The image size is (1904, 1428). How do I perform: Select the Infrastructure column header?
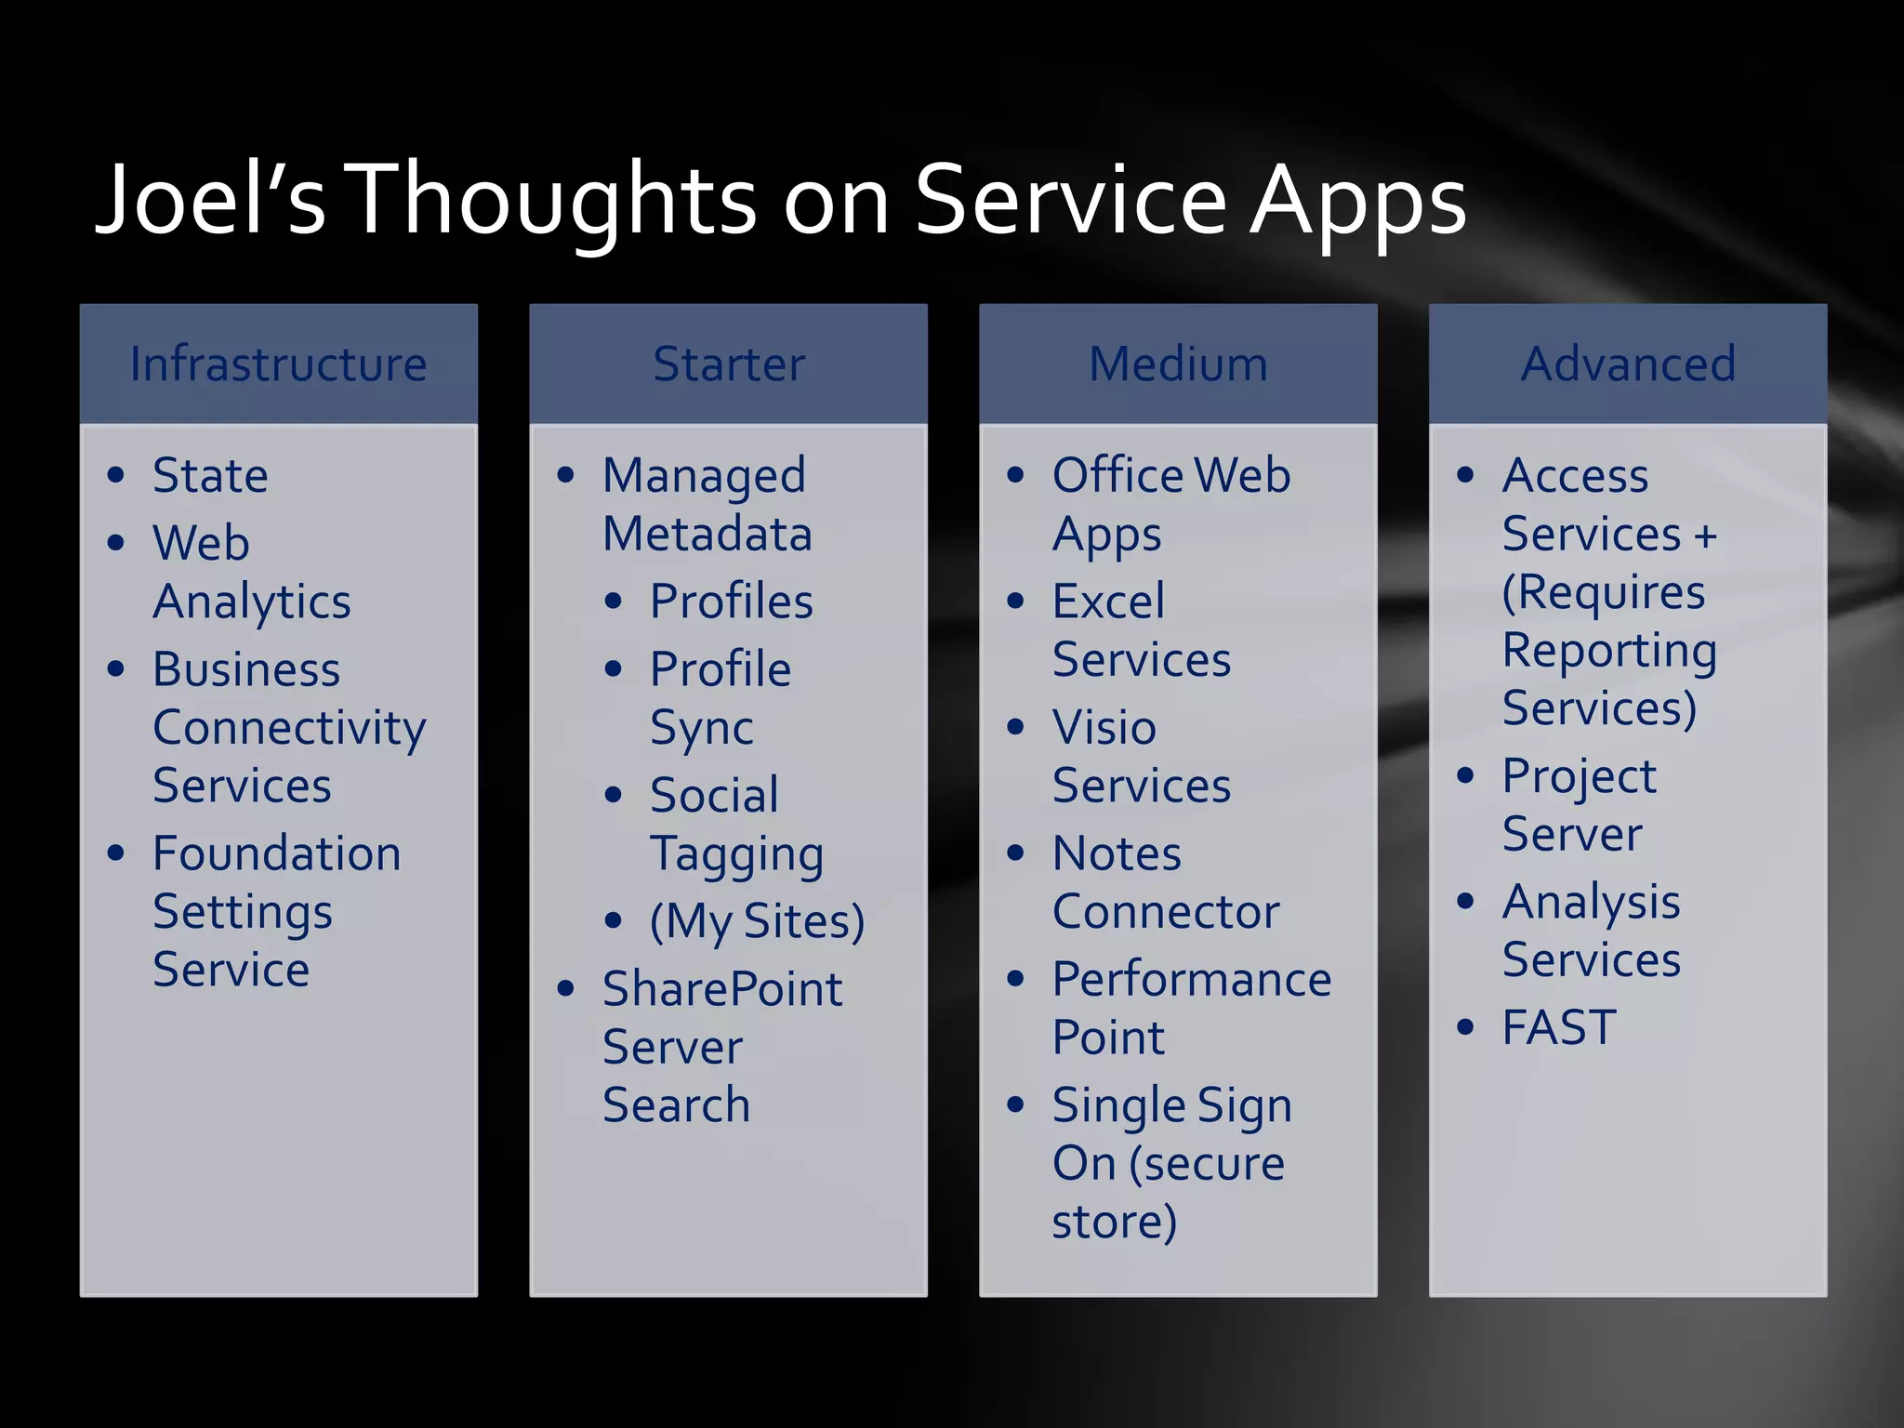(x=278, y=364)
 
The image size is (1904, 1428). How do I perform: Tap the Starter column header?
(x=728, y=364)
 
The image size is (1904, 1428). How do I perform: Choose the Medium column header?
(x=1178, y=364)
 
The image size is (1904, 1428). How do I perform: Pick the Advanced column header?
(x=1628, y=364)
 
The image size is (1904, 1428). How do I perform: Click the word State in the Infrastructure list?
(x=210, y=475)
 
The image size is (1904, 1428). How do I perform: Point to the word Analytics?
(x=252, y=602)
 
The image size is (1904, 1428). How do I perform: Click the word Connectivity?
(x=289, y=727)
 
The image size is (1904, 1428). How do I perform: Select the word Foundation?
(x=276, y=853)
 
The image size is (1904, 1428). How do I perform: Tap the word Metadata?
(x=707, y=534)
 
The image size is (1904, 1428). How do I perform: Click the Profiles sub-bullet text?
(x=731, y=602)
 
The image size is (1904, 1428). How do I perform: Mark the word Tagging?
(x=736, y=854)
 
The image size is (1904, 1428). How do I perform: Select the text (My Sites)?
(x=757, y=921)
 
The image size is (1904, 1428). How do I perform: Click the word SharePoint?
(x=721, y=988)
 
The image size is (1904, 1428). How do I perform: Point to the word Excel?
(x=1108, y=602)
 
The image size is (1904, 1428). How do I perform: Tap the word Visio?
(x=1104, y=727)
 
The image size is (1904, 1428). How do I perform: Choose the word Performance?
(x=1192, y=979)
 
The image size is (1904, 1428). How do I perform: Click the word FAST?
(x=1559, y=1027)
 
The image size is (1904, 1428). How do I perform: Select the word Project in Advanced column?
(x=1579, y=776)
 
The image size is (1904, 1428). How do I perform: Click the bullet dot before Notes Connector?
(x=1015, y=853)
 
